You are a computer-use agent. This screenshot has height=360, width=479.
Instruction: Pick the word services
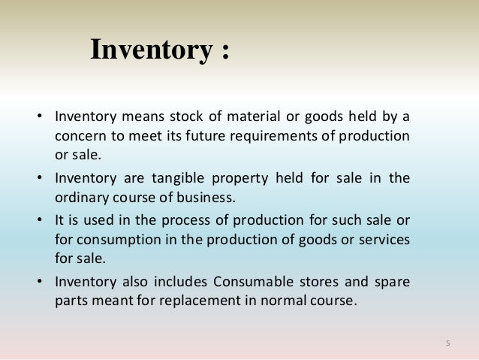click(378, 239)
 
